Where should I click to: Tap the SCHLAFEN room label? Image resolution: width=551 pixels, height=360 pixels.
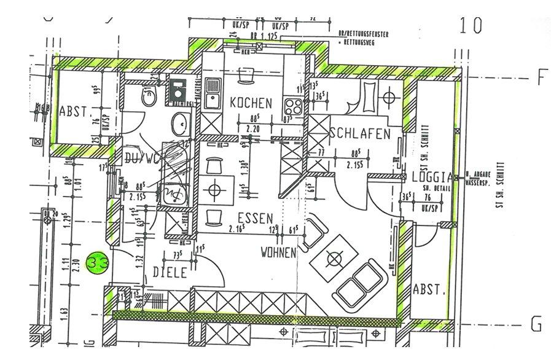point(360,133)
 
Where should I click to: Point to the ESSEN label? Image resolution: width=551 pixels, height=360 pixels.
point(255,218)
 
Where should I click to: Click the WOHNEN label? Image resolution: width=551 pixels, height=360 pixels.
point(278,252)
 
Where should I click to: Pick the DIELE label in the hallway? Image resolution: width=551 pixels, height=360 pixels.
point(170,274)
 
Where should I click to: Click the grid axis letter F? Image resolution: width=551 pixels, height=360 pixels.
point(541,78)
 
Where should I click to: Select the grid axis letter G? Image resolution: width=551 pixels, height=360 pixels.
point(537,323)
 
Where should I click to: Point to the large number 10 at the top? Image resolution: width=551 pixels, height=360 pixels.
point(471,25)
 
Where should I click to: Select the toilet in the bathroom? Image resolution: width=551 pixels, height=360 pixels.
point(148,96)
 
